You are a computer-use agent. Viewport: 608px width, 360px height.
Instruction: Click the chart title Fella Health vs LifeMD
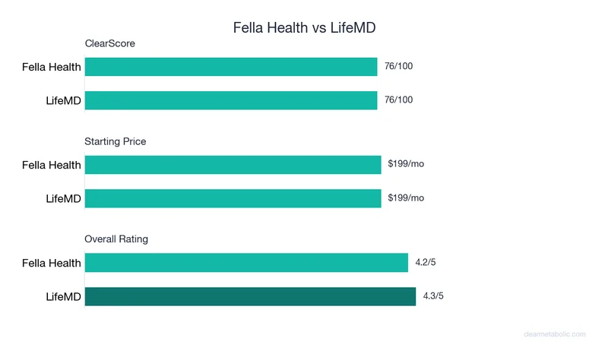point(304,27)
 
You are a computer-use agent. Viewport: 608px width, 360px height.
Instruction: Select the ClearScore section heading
point(109,43)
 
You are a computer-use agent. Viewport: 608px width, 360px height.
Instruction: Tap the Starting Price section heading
point(116,141)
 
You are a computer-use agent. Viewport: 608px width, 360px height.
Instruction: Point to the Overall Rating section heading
point(116,238)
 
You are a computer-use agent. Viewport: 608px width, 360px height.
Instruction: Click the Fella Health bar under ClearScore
point(231,67)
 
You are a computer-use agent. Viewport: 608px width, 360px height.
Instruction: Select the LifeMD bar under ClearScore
point(231,100)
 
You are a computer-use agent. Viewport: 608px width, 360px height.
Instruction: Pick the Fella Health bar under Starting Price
point(233,165)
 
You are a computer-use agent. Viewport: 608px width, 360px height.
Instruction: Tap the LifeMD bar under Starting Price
point(233,198)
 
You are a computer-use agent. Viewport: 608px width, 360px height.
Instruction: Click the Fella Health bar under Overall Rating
point(246,263)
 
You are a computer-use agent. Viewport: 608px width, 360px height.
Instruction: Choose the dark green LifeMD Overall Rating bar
point(250,296)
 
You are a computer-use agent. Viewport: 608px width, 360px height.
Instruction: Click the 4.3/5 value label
point(429,296)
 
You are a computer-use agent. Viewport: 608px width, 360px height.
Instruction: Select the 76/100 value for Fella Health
point(398,66)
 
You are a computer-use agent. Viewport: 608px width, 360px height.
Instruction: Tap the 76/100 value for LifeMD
point(398,99)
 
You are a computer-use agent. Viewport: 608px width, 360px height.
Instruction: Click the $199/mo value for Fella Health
point(406,164)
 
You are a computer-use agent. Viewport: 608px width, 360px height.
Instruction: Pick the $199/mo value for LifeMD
point(406,197)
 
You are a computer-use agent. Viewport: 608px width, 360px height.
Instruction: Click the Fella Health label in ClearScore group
point(51,68)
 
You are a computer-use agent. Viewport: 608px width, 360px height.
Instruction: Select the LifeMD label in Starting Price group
point(63,198)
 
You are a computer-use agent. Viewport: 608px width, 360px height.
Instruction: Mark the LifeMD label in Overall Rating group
point(63,296)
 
